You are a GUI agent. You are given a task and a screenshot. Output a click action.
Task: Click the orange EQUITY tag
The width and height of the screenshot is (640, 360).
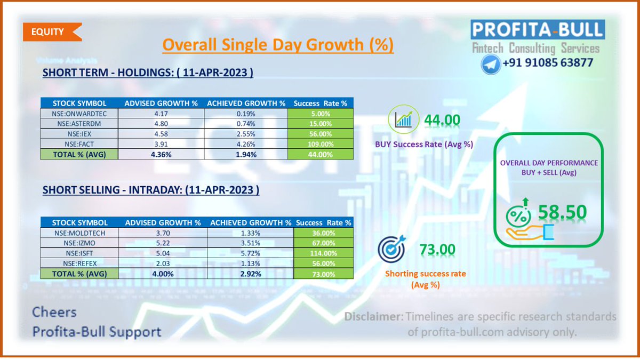[x=50, y=31]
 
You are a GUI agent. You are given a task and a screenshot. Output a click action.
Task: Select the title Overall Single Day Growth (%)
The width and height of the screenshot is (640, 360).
[x=278, y=45]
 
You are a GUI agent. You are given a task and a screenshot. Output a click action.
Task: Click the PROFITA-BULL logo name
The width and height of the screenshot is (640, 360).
[x=538, y=29]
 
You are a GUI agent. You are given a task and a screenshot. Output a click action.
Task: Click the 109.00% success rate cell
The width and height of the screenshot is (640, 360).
[x=320, y=144]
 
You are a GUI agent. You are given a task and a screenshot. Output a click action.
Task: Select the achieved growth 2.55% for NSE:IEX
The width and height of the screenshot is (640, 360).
[x=246, y=134]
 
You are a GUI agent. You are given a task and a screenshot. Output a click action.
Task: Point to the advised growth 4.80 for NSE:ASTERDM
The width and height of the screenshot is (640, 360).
[x=162, y=124]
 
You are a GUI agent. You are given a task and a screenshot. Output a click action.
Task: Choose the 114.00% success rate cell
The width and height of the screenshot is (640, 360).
[x=323, y=253]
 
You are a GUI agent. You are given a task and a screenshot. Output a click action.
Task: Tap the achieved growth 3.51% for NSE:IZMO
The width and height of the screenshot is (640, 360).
[x=250, y=243]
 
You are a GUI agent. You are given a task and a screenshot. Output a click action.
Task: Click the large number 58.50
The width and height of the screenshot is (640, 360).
[x=562, y=212]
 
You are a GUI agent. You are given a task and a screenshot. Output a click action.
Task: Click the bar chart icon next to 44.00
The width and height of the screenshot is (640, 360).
[x=403, y=119]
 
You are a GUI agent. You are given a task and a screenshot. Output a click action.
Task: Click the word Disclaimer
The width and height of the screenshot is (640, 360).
[x=373, y=316]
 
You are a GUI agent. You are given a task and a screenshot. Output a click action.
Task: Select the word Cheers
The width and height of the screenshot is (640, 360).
[x=54, y=312]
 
